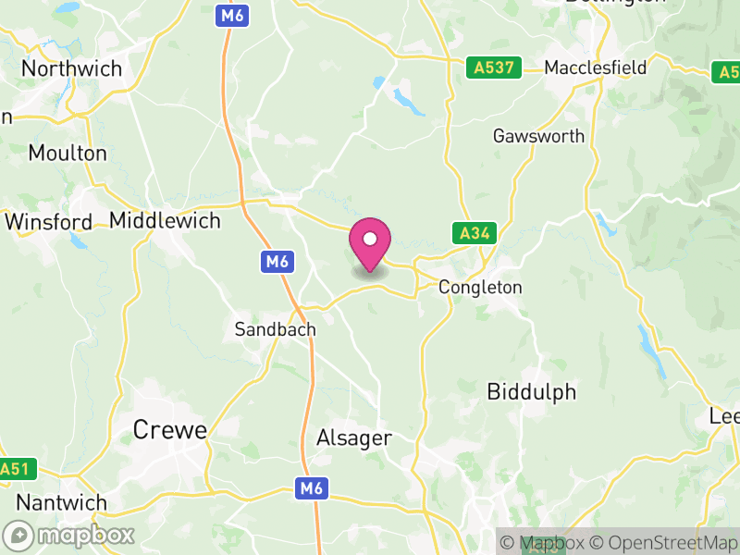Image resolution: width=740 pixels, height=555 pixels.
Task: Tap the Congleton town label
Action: pyautogui.click(x=480, y=288)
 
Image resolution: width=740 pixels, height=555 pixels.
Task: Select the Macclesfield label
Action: pyautogui.click(x=595, y=68)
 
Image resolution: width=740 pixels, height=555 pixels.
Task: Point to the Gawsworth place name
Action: pyautogui.click(x=538, y=136)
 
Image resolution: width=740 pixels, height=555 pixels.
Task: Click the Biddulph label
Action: pyautogui.click(x=531, y=392)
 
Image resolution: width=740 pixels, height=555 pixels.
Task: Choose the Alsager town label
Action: pyautogui.click(x=354, y=438)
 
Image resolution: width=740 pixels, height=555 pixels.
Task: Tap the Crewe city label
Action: pyautogui.click(x=169, y=430)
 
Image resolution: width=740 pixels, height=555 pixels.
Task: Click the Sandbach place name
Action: pyautogui.click(x=275, y=329)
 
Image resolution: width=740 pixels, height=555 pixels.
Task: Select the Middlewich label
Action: pyautogui.click(x=165, y=220)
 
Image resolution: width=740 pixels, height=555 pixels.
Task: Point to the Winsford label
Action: pyautogui.click(x=48, y=222)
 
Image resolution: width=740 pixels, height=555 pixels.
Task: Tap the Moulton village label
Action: pyautogui.click(x=68, y=153)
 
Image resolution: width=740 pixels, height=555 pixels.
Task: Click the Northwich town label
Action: pyautogui.click(x=71, y=68)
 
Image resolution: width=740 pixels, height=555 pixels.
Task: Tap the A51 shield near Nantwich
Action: pyautogui.click(x=16, y=469)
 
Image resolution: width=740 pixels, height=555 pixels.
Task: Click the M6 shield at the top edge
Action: pyautogui.click(x=232, y=16)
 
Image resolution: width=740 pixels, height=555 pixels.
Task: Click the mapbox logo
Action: pyautogui.click(x=69, y=535)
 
